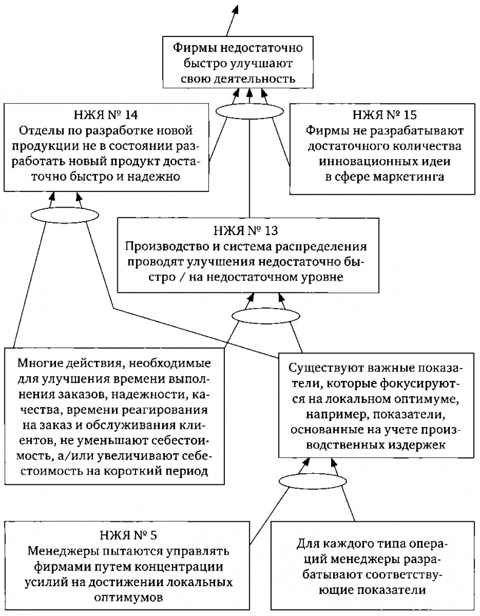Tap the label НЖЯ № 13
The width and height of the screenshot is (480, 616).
[x=246, y=230]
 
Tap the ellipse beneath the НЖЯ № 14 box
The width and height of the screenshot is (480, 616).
[x=64, y=214]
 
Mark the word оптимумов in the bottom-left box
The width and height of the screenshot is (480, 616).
[x=128, y=597]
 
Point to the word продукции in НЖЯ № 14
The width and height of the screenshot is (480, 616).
[x=45, y=146]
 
